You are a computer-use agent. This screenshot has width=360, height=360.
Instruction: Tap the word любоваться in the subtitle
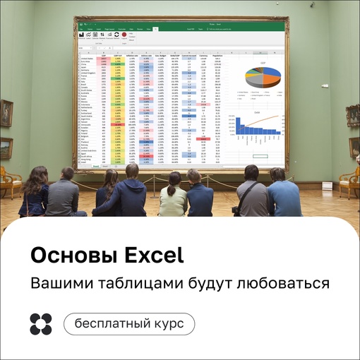(x=282, y=284)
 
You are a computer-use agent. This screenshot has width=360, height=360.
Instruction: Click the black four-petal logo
(x=41, y=323)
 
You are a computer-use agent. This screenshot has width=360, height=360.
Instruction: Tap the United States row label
(x=88, y=58)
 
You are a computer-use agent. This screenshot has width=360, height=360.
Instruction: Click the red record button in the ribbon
(x=124, y=34)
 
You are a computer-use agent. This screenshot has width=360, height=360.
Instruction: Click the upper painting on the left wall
(x=6, y=112)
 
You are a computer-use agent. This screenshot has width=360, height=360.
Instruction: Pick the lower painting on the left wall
(x=6, y=148)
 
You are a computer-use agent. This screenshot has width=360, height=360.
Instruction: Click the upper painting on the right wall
(x=354, y=109)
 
